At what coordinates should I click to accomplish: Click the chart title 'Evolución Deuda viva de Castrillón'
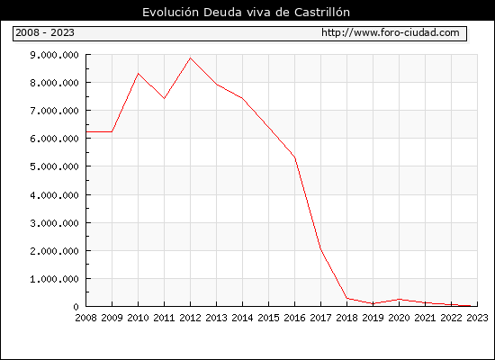(246, 13)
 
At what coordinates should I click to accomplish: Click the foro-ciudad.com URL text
(391, 32)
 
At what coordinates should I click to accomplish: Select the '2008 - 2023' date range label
(45, 32)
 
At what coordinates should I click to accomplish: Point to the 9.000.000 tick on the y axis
(54, 55)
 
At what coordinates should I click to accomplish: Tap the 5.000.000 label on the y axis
(54, 166)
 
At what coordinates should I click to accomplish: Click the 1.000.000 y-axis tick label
(54, 279)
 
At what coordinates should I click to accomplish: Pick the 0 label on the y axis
(76, 307)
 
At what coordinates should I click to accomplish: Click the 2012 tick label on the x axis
(190, 318)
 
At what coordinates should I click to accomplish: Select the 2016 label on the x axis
(294, 318)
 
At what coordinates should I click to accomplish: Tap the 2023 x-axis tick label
(477, 318)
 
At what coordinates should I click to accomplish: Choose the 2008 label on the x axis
(85, 318)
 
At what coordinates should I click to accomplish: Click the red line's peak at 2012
(190, 58)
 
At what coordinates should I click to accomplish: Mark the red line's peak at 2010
(138, 74)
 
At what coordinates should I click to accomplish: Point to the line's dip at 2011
(164, 98)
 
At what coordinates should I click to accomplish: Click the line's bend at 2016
(294, 157)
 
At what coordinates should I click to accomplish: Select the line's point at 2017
(320, 248)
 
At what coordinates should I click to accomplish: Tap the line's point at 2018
(346, 298)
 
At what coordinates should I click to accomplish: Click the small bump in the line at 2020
(399, 299)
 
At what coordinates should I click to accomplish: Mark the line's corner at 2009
(112, 131)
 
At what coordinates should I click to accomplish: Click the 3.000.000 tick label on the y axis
(54, 223)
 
